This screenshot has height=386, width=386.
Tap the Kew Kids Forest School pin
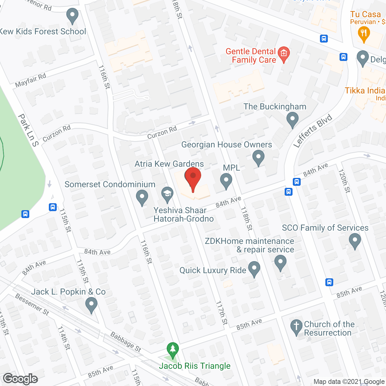point(72,15)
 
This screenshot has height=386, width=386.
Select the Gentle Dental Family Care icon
point(283,54)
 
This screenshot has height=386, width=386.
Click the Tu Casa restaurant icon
point(364,33)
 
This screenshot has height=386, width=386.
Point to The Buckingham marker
point(292,119)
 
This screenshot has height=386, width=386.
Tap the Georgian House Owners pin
point(258,157)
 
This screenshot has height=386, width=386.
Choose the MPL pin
point(226,181)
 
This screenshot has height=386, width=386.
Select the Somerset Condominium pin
point(142,197)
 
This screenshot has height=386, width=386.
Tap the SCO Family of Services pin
point(355,241)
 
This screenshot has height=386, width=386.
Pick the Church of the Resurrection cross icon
point(296,327)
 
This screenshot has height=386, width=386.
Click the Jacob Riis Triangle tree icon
point(172,350)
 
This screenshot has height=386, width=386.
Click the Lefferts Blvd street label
point(313,131)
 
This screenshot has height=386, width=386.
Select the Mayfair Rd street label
point(30,80)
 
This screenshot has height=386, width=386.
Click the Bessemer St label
point(32,305)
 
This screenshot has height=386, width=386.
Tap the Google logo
point(21,379)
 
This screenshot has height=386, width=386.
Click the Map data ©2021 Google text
point(349,382)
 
